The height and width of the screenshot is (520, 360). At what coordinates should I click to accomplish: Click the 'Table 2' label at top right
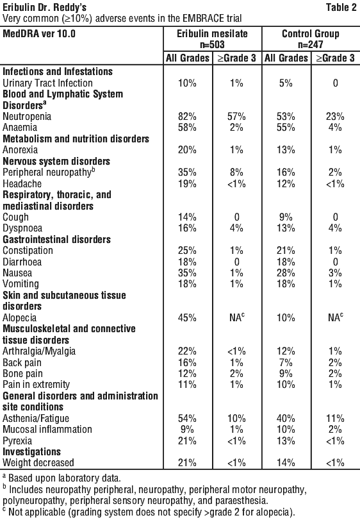(x=341, y=7)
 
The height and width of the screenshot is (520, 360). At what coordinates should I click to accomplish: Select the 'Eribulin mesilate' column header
(x=212, y=33)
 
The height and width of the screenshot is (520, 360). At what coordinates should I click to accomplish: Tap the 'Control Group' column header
(x=311, y=33)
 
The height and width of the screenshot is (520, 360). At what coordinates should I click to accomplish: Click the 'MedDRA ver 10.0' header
(x=39, y=33)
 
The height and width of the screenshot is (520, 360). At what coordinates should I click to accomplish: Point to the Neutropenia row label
(x=27, y=117)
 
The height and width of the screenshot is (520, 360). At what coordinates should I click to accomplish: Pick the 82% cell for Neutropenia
(x=188, y=117)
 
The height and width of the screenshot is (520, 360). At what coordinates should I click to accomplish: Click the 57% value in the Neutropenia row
(x=236, y=117)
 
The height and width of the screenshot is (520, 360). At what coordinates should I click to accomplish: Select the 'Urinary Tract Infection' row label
(x=47, y=83)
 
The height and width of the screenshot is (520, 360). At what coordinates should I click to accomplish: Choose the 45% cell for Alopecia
(x=188, y=317)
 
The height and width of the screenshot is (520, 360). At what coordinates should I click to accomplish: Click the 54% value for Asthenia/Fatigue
(x=188, y=418)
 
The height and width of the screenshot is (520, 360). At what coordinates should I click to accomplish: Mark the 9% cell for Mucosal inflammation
(x=188, y=430)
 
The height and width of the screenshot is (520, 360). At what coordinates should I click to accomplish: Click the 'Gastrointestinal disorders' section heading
(x=56, y=239)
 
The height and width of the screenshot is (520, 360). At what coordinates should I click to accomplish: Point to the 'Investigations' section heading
(x=32, y=451)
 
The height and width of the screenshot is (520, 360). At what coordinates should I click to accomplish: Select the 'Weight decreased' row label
(x=38, y=463)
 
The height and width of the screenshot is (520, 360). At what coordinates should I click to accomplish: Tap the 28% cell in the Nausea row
(x=286, y=273)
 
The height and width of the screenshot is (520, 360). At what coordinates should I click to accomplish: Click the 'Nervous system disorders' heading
(x=56, y=161)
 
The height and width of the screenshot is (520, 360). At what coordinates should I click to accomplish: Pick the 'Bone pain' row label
(x=22, y=373)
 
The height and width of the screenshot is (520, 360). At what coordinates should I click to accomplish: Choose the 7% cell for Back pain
(x=286, y=362)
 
